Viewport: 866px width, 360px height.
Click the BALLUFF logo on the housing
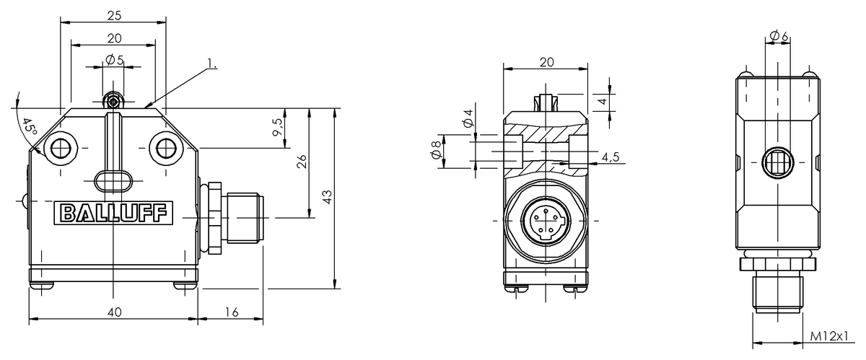click(x=113, y=213)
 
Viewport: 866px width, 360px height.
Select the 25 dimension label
click(x=114, y=15)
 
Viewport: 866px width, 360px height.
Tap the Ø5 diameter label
click(x=115, y=61)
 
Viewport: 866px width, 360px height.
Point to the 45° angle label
click(x=29, y=127)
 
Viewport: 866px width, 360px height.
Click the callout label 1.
click(x=212, y=63)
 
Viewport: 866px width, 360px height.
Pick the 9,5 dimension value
click(x=278, y=127)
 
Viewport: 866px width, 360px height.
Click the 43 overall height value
click(x=327, y=197)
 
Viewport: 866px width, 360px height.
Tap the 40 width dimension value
click(x=115, y=312)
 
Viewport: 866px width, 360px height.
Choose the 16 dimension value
click(x=231, y=312)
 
